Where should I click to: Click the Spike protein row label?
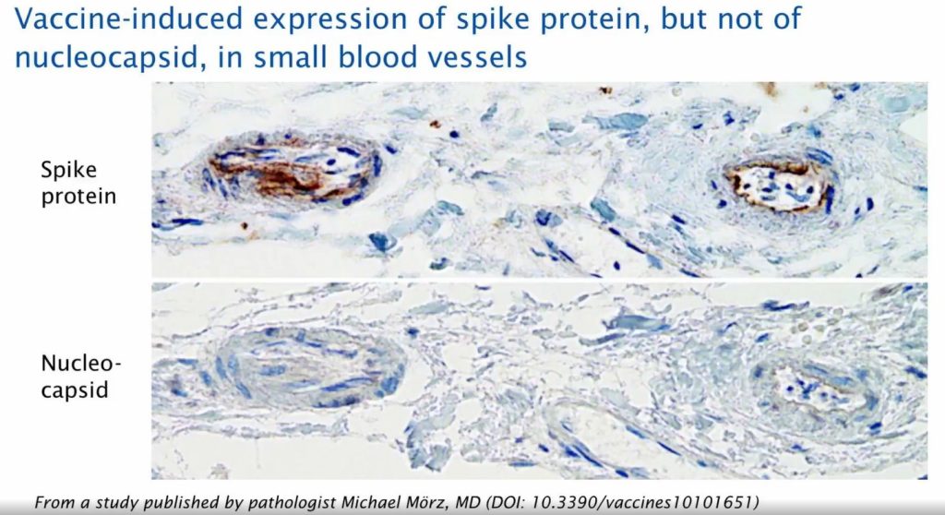pos(78,183)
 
